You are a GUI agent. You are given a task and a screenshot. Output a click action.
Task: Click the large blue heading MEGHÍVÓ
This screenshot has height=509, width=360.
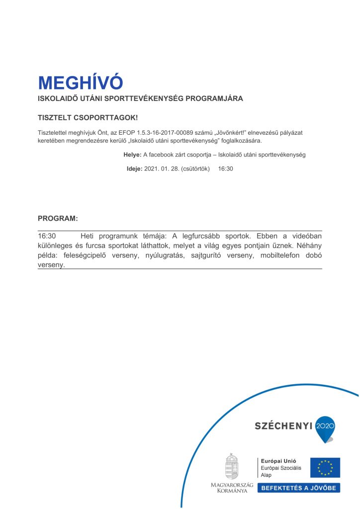click(80, 83)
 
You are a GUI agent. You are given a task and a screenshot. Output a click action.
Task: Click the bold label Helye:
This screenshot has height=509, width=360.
click(132, 155)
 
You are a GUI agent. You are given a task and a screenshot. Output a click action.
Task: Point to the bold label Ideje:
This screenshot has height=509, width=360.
click(134, 169)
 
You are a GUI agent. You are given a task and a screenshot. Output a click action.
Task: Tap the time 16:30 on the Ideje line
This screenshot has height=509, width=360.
click(226, 169)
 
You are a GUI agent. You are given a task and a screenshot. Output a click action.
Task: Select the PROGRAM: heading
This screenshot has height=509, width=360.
click(58, 218)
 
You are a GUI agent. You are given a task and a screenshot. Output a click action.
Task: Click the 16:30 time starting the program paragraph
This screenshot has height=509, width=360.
click(47, 236)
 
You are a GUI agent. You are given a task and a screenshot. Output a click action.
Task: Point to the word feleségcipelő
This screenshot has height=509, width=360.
click(86, 255)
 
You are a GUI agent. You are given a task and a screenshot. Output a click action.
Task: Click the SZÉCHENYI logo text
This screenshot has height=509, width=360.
click(283, 425)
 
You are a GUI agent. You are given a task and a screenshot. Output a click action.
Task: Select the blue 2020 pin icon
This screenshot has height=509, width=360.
click(326, 427)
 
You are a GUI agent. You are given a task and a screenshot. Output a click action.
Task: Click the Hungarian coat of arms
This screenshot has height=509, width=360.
click(232, 466)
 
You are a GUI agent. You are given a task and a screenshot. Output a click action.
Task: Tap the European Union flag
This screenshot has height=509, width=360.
click(325, 468)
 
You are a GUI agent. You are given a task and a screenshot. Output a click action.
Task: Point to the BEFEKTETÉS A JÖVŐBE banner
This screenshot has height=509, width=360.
click(298, 488)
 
